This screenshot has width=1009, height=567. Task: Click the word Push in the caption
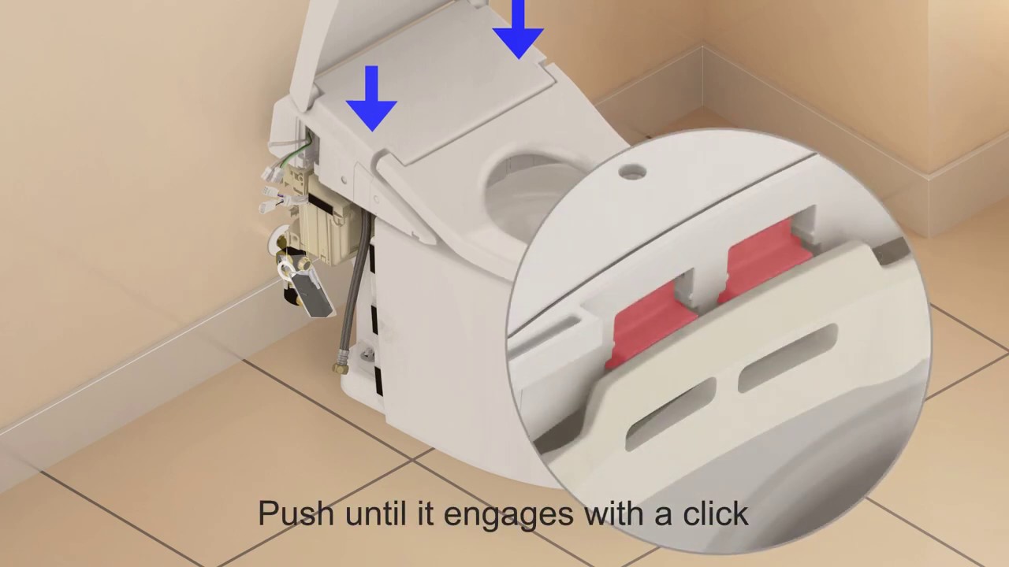click(296, 513)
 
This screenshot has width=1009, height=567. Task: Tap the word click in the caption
click(716, 513)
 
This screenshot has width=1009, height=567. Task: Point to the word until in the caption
click(376, 513)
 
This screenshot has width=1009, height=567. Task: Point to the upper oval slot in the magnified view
click(787, 358)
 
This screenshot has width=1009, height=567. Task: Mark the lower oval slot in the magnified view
click(671, 414)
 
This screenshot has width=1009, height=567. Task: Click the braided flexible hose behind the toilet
click(358, 288)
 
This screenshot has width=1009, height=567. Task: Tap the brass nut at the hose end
click(341, 368)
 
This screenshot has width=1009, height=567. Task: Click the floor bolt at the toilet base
click(368, 355)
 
